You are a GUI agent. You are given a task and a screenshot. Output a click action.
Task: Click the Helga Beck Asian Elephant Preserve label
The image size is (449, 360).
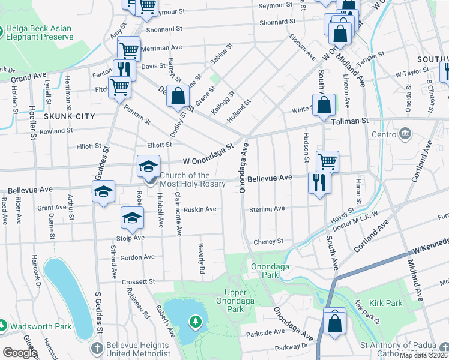[x=39, y=33]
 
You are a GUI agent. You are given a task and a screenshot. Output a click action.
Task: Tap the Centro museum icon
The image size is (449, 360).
[x=405, y=133]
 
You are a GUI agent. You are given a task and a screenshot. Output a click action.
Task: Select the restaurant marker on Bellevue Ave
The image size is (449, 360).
[x=319, y=182]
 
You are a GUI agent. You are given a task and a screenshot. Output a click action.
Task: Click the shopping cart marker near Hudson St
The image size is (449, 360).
[x=327, y=161]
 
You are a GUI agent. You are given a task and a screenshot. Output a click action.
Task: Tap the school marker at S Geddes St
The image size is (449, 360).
[x=103, y=192]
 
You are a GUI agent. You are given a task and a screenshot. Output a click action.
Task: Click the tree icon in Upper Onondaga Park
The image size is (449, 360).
[x=195, y=323]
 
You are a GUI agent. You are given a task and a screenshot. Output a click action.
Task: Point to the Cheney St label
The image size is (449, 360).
[x=268, y=241]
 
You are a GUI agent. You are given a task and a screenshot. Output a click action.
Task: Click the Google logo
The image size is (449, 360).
[x=20, y=353]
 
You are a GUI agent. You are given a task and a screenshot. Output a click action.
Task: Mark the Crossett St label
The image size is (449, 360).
[x=138, y=281]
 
